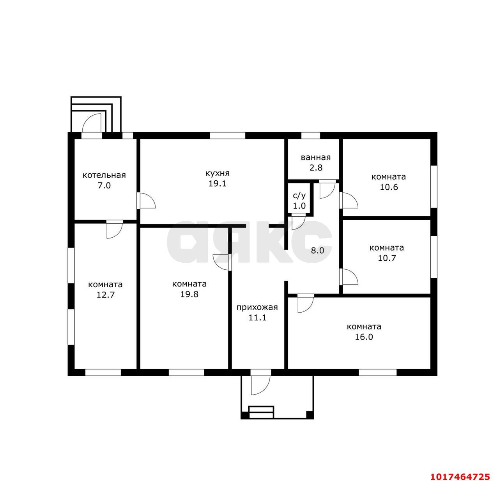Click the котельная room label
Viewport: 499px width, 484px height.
coord(104,175)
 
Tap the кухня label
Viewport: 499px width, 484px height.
coord(218,173)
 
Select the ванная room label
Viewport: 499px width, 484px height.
coord(316,157)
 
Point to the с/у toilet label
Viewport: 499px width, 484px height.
coord(299,196)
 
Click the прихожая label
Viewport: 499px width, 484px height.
coord(257,307)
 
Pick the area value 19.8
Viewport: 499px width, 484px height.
coord(189,294)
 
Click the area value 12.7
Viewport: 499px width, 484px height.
coord(105,295)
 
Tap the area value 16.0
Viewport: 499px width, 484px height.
coord(364,337)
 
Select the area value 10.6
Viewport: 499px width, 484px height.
coord(389,187)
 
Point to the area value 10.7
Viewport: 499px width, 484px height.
coord(387,258)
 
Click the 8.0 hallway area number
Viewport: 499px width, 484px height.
coord(317,251)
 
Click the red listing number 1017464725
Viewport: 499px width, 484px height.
coord(460,477)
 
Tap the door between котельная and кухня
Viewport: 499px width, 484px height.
coord(146,201)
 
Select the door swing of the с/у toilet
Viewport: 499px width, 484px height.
coord(298,222)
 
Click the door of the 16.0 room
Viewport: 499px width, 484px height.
coord(306,304)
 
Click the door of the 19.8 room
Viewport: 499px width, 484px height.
coord(222,262)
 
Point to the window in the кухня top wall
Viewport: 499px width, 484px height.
coord(227,135)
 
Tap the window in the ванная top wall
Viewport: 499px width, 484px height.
coord(311,135)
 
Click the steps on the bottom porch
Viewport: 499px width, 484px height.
coord(261,412)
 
